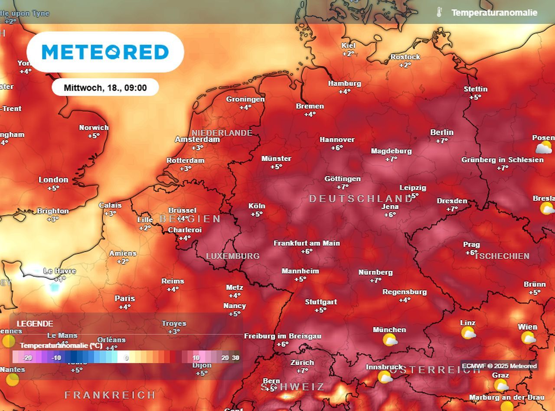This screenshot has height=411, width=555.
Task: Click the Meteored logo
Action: coord(105,52)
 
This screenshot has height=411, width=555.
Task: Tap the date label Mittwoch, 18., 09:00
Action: coord(105,88)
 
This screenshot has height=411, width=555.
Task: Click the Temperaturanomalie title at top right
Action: coord(494,13)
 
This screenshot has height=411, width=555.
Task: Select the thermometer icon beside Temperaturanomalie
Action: coord(439,12)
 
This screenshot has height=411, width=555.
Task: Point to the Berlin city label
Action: coord(442,132)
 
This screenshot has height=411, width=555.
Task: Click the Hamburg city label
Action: coord(344,83)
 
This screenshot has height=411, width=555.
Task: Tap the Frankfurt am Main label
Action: coord(307,243)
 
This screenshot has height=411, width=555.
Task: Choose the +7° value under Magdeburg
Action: coord(391,159)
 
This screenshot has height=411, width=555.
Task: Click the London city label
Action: coord(53,179)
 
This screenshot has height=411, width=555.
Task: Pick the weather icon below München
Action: coord(390,340)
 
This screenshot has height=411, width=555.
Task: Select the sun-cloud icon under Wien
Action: coord(528,338)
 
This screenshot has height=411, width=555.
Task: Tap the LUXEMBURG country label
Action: coord(232,256)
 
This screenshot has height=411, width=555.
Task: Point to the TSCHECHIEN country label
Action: coord(502,256)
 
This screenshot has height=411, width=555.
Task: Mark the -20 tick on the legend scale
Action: coord(28,358)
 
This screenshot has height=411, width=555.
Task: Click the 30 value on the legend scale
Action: coord(235,358)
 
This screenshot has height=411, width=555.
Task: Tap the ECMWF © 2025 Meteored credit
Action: coord(499,366)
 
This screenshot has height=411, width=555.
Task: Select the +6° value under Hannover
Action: coord(337,148)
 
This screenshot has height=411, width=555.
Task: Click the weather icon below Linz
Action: coord(468,333)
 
